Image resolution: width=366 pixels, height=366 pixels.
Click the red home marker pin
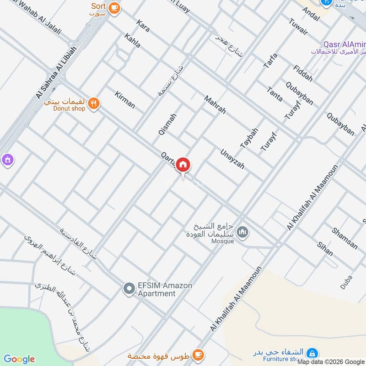click(183, 164)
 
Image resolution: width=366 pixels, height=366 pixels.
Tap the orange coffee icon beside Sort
click(114, 7)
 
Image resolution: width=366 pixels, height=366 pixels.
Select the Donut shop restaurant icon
click(94, 103)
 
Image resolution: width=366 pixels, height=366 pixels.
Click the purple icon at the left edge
click(7, 160)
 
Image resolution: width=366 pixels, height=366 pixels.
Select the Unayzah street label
click(232, 159)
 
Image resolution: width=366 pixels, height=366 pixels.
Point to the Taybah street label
click(249, 138)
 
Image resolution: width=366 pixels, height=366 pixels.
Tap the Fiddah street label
click(303, 72)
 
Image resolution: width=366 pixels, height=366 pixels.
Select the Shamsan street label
click(344, 238)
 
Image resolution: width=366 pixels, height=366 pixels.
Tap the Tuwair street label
click(298, 27)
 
